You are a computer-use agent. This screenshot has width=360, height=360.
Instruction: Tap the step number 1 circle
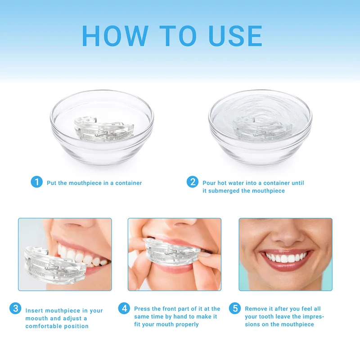[36, 182]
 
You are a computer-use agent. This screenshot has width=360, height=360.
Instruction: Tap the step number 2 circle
[193, 182]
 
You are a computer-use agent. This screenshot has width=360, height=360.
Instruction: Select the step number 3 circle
[15, 309]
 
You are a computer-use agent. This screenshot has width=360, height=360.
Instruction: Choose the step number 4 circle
[124, 308]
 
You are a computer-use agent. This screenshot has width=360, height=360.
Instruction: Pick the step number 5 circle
[234, 308]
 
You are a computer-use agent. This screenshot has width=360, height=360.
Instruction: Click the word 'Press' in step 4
[142, 309]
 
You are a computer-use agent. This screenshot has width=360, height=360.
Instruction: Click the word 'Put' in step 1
[52, 183]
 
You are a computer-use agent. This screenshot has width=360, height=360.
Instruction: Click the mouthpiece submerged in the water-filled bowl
[258, 129]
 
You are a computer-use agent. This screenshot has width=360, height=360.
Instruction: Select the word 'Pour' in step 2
[209, 183]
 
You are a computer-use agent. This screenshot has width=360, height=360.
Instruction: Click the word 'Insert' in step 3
[34, 310]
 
